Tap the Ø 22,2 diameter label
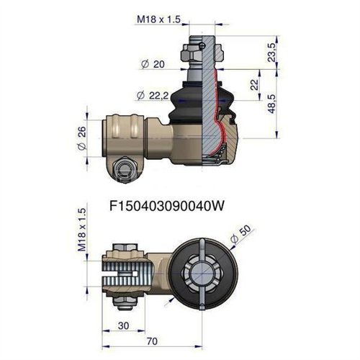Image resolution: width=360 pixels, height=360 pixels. tap(151, 95)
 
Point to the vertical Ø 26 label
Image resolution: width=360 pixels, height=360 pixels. tap(80, 138)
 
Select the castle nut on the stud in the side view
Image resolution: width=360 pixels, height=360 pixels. tap(194, 53)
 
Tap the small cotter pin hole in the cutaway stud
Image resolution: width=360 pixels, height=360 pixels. tap(204, 47)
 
